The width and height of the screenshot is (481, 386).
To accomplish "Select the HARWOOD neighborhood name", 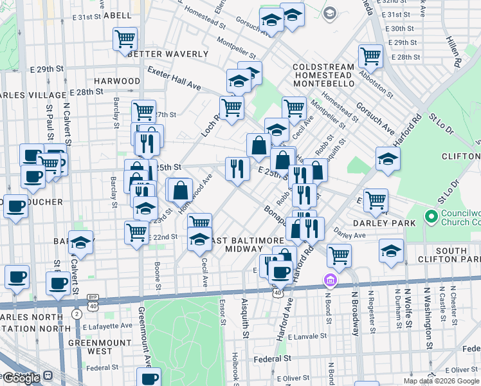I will click(x=116, y=81).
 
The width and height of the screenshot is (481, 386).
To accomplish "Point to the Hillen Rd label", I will click(x=457, y=51).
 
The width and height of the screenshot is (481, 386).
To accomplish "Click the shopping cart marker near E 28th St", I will click(x=370, y=57).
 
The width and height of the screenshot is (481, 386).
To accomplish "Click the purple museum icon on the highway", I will click(x=330, y=280).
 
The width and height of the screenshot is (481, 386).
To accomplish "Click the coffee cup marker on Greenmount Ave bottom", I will click(x=149, y=378).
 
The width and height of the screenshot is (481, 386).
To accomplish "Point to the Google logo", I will click(x=21, y=378).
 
